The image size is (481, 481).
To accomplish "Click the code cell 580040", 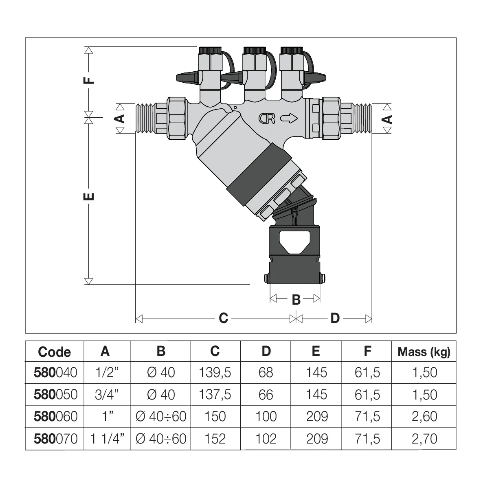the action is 55,372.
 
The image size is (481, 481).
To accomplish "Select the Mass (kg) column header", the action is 424,352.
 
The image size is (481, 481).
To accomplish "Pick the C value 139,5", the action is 215,372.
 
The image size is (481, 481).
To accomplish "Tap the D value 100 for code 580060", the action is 266,416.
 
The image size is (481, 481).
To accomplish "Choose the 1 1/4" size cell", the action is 107,439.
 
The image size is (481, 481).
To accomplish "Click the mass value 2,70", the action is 424,439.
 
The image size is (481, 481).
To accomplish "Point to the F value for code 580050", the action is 367,395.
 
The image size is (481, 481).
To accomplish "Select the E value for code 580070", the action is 317,439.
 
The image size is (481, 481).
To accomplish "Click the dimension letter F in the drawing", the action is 89,80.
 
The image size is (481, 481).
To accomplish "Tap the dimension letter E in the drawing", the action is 89,196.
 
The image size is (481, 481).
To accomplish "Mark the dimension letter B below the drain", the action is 296,300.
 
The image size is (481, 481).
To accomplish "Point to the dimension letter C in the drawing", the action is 223,318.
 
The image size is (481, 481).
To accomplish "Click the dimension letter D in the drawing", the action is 335,318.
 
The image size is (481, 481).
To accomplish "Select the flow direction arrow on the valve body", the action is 289,118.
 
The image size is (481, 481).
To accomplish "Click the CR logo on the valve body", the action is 267,119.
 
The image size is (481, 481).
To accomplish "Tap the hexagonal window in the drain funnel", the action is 294,242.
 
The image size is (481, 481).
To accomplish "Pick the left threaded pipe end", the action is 145,119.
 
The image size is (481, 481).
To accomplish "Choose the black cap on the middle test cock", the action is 254,50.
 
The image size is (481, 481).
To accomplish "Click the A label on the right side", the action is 387,119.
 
